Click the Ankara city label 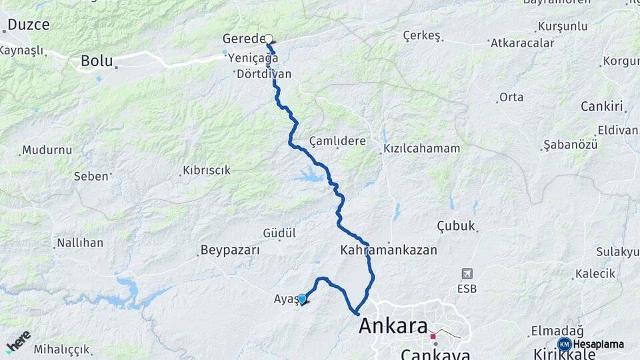tap(393, 327)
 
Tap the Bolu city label tap(96, 61)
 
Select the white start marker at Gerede tap(269, 39)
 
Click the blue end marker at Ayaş tap(302, 299)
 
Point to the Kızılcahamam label tap(422, 149)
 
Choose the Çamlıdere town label tap(338, 141)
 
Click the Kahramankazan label tap(389, 251)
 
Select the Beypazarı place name tap(229, 251)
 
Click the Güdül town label tap(279, 233)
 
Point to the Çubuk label tap(456, 226)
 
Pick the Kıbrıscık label tap(207, 170)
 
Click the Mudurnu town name tap(47, 150)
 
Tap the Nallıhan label tap(80, 243)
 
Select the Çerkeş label tap(422, 35)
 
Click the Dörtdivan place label tap(264, 74)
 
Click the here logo tap(18, 341)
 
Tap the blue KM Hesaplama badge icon tap(564, 344)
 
